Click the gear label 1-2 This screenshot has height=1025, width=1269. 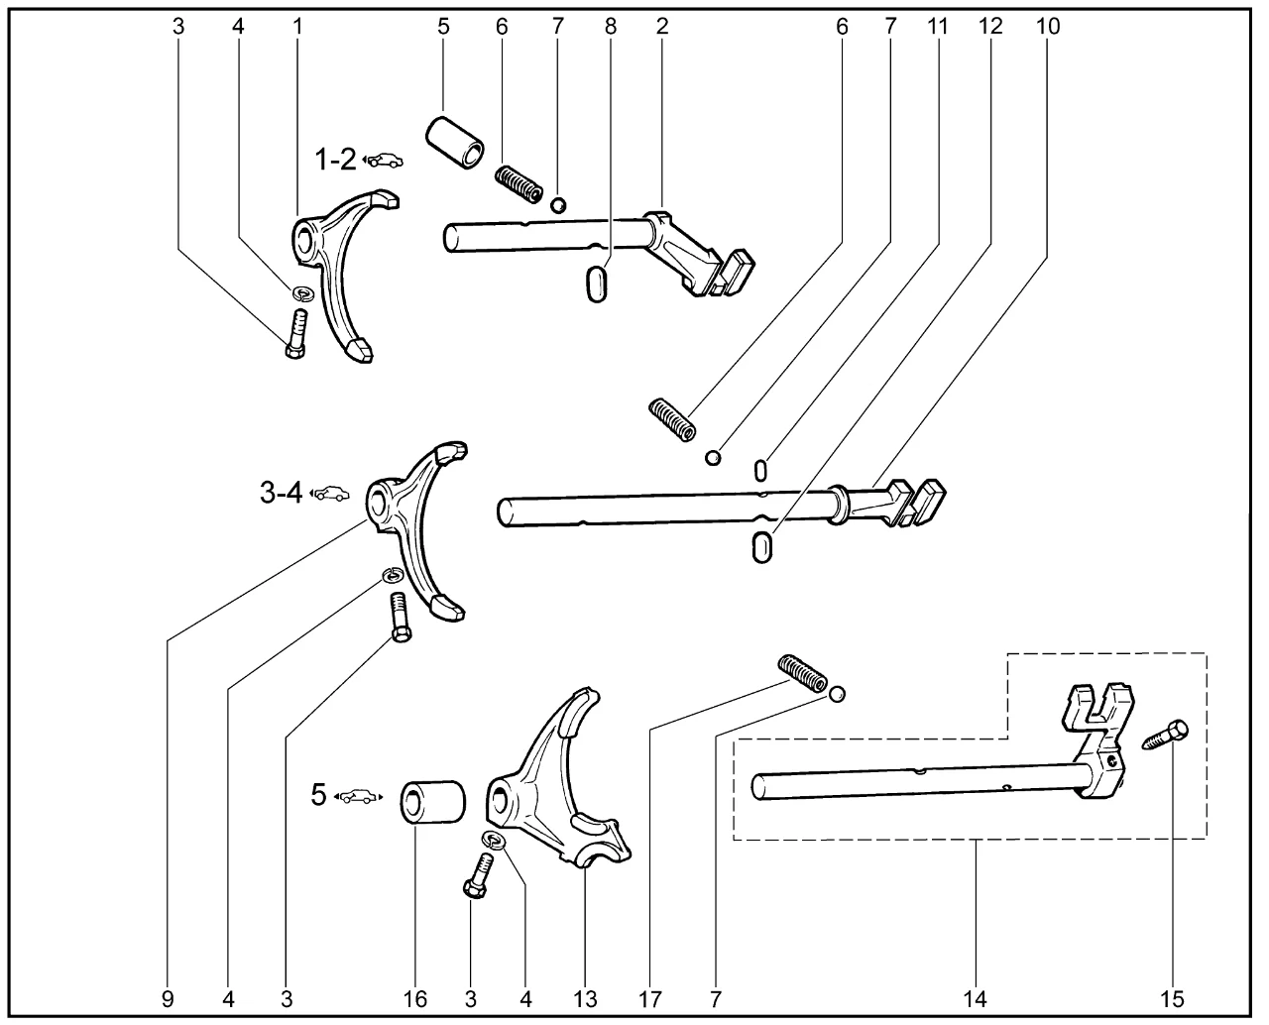click(x=336, y=159)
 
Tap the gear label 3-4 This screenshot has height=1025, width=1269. click(x=282, y=492)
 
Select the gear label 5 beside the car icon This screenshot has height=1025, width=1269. click(x=318, y=794)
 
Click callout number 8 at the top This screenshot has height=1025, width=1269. click(x=610, y=27)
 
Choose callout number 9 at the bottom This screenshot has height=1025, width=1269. click(x=168, y=998)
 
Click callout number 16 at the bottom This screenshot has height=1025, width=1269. click(x=415, y=998)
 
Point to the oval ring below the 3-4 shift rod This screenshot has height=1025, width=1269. click(x=761, y=546)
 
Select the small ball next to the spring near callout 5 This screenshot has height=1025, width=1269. click(x=558, y=204)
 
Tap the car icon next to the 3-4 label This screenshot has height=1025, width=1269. click(x=331, y=493)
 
